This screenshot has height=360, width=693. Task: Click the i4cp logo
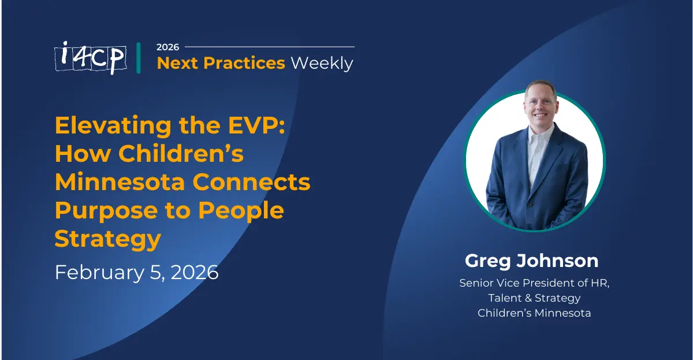91,58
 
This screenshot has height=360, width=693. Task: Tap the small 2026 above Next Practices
168,47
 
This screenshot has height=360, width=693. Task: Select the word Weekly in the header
322,63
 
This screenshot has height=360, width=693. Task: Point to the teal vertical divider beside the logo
139,58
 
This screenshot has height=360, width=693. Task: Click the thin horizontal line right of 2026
269,47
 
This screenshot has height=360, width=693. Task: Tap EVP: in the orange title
253,125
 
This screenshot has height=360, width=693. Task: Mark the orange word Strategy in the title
107,239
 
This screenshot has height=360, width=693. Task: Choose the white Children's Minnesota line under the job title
534,313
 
